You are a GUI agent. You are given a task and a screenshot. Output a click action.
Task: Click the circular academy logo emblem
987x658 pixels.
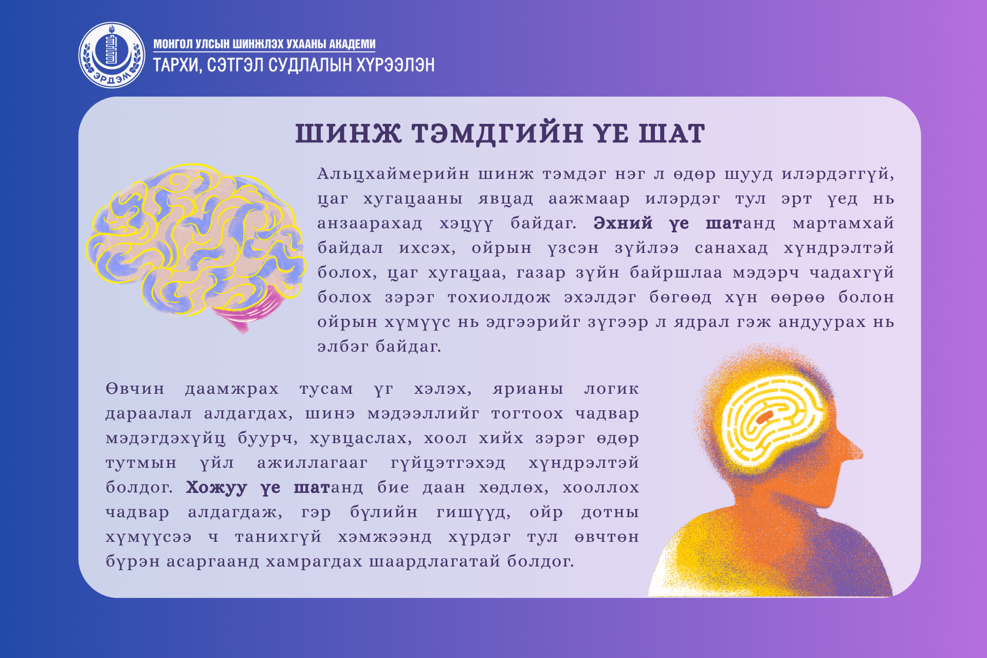[x=112, y=55]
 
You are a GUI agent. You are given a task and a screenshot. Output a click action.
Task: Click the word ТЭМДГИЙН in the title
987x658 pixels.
[x=497, y=133]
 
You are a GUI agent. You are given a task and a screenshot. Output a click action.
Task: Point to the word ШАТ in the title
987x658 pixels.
[x=671, y=133]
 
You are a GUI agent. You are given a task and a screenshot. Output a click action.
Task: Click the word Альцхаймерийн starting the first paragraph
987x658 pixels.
[x=393, y=174]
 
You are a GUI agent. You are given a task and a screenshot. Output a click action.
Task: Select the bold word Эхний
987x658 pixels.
[x=623, y=223]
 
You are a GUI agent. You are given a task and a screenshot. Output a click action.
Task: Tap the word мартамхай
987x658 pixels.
[x=843, y=223]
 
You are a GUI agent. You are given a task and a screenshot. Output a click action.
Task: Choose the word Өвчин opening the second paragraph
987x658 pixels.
[x=135, y=389]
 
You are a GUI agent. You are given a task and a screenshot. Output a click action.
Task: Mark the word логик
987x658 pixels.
[x=612, y=389]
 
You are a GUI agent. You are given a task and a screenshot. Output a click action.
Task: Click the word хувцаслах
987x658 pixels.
[x=360, y=438]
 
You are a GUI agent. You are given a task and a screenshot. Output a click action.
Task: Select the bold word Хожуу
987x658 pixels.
[x=216, y=487]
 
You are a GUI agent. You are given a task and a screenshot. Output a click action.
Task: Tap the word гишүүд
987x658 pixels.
[x=473, y=513]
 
